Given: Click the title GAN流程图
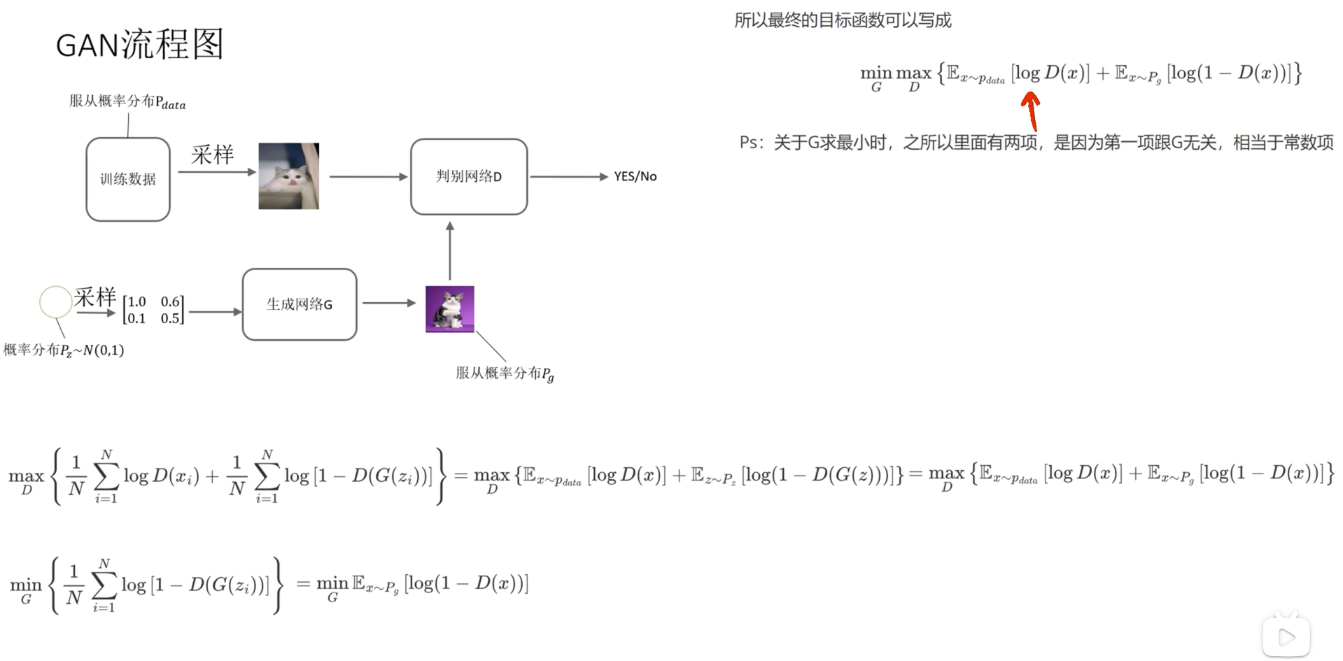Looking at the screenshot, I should tap(139, 45).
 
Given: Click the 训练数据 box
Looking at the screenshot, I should tap(128, 179).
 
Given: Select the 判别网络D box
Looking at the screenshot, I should tap(468, 176).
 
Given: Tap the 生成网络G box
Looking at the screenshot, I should tap(299, 304).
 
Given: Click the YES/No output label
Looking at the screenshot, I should tap(635, 176).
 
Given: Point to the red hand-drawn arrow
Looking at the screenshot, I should tap(1030, 110).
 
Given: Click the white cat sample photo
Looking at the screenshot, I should tap(288, 176).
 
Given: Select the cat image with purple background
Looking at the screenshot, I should tap(449, 308).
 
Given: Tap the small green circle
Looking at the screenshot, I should tap(55, 302).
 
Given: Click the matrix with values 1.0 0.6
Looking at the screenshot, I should tap(153, 310).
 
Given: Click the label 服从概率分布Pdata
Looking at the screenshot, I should tap(127, 102).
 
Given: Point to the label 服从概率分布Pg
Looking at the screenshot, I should tap(504, 374).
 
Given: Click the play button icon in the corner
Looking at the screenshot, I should tap(1286, 636).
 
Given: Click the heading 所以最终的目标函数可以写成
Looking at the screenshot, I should tap(842, 20).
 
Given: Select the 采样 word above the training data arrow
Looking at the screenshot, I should tap(212, 155).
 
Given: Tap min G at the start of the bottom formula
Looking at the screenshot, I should tap(26, 589).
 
